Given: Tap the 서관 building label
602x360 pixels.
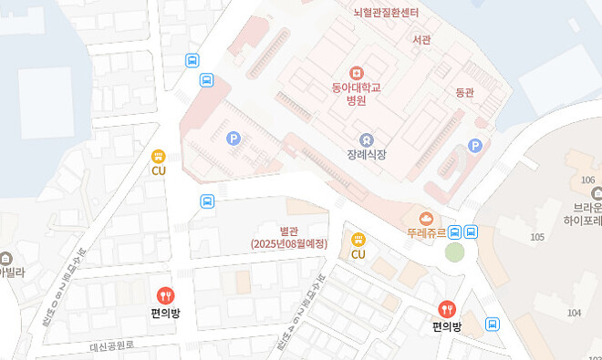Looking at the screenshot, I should (x=421, y=39).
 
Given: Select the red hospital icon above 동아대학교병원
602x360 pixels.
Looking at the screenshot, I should (x=356, y=71).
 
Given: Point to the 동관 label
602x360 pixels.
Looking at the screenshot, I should (x=465, y=92).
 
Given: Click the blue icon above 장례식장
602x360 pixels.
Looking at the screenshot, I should (x=367, y=139).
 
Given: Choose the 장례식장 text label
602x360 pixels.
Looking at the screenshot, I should (x=367, y=155).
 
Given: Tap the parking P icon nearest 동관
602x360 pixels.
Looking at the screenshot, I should (x=474, y=145).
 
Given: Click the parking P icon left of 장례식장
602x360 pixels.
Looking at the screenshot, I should (x=234, y=139).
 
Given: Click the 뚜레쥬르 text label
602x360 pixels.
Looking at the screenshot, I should (x=426, y=232).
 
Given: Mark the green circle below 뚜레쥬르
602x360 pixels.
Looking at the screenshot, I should (x=454, y=252).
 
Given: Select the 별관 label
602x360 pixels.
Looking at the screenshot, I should (x=290, y=230).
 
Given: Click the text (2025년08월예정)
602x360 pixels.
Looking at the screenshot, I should (x=289, y=243).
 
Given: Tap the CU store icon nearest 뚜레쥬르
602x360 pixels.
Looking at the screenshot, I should (x=358, y=240).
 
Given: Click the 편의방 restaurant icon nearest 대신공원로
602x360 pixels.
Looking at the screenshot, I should (x=165, y=295).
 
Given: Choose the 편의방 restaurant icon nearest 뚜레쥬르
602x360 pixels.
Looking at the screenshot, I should (x=447, y=310).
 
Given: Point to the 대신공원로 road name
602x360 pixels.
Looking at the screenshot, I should (x=112, y=345).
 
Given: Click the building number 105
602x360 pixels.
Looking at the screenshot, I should (x=537, y=237).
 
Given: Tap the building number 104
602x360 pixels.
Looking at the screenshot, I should (x=574, y=313).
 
